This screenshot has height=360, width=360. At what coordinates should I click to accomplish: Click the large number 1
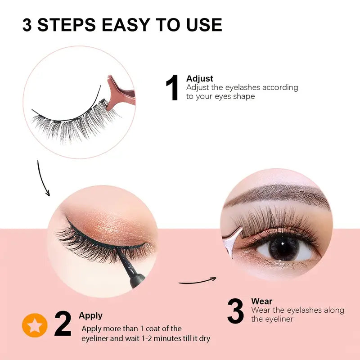click(173, 88)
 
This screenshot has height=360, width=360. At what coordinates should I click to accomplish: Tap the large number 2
click(63, 324)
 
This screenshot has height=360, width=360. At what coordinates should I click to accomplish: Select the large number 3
click(235, 310)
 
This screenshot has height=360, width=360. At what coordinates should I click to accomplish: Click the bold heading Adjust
click(199, 79)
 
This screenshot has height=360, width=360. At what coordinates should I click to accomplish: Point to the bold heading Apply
click(90, 315)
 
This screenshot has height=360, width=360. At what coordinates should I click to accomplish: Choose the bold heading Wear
click(261, 301)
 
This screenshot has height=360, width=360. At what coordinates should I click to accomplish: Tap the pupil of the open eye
click(283, 248)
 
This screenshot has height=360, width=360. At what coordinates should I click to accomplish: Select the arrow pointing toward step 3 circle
click(198, 281)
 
